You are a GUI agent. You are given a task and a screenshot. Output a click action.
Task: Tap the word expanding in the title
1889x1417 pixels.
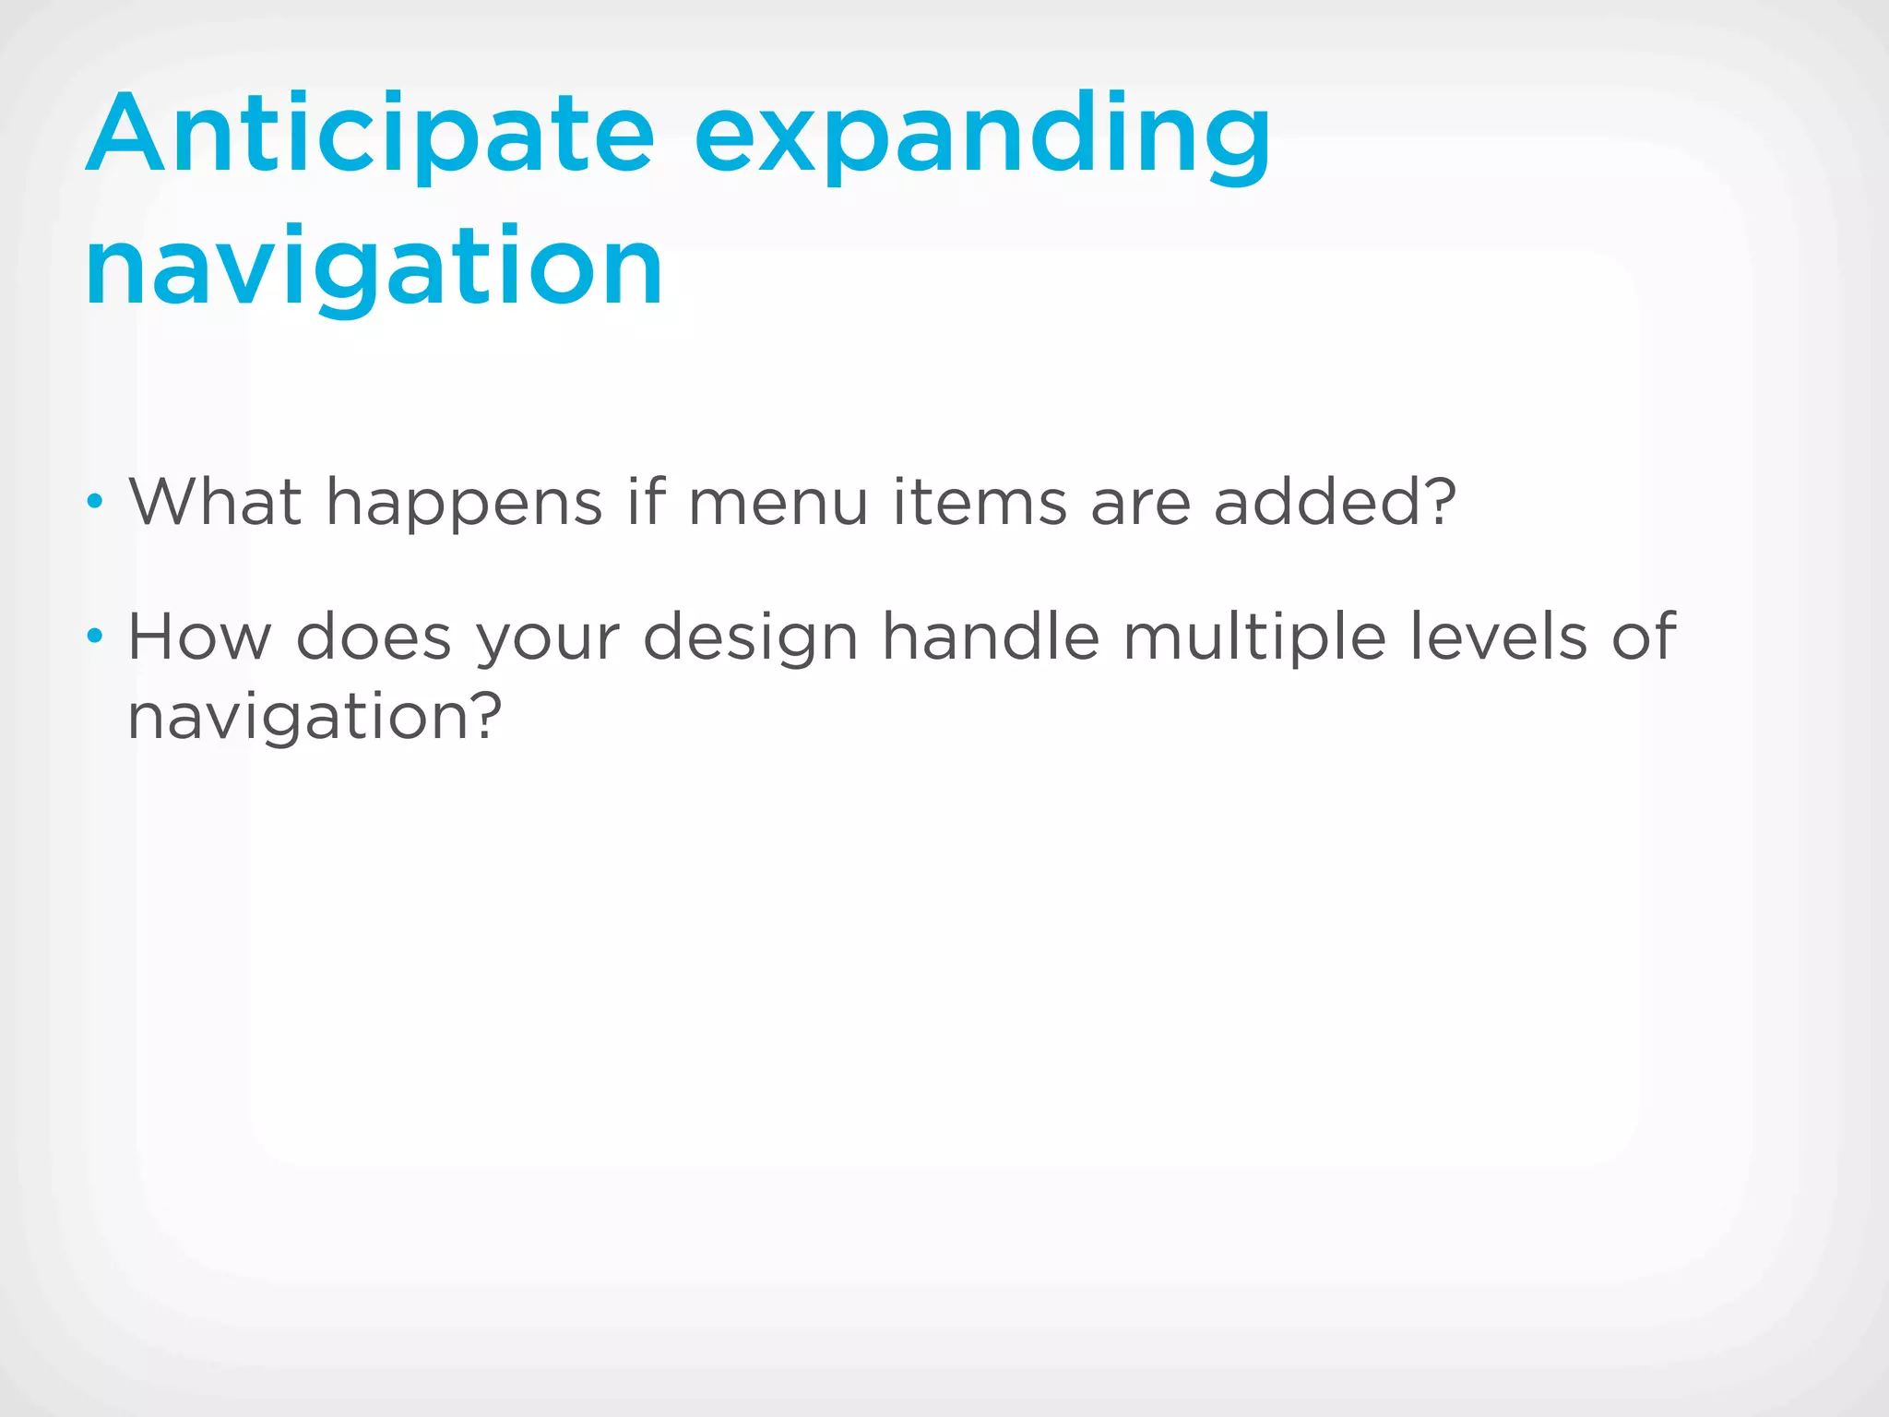pos(982,138)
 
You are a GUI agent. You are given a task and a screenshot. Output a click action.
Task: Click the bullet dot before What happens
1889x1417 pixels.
pos(94,503)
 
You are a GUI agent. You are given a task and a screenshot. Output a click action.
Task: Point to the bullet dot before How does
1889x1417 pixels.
pos(94,637)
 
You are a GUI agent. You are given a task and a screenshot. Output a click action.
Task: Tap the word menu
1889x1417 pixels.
pos(778,503)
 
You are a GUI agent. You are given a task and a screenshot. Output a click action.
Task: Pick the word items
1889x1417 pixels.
pos(980,503)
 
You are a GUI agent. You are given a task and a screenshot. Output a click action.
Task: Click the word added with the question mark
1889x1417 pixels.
pos(1334,503)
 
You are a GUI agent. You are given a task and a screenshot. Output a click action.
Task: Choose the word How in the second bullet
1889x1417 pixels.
pos(199,637)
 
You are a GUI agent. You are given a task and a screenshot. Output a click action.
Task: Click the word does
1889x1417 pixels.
pos(374,637)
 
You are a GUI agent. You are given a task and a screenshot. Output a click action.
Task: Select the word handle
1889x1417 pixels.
pos(991,637)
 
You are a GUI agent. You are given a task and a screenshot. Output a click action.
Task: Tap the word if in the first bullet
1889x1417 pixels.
pos(646,503)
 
